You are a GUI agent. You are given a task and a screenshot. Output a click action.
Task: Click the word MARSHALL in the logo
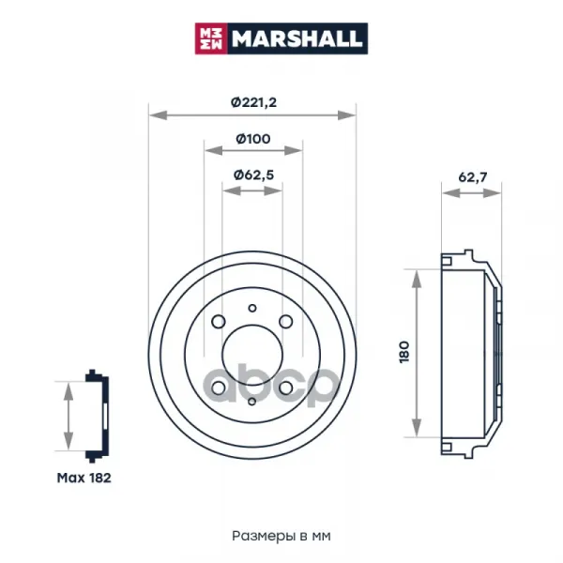pyautogui.click(x=297, y=38)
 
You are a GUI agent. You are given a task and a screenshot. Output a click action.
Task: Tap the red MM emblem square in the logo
pyautogui.click(x=211, y=38)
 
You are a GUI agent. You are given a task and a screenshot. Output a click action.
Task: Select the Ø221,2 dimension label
pyautogui.click(x=253, y=102)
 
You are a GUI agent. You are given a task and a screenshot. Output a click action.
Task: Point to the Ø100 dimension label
pyautogui.click(x=253, y=139)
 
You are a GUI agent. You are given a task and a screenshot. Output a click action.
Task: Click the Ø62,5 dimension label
pyautogui.click(x=253, y=175)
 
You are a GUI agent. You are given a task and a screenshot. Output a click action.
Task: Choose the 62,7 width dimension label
pyautogui.click(x=473, y=177)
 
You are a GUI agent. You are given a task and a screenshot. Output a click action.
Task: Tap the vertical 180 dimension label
pyautogui.click(x=404, y=352)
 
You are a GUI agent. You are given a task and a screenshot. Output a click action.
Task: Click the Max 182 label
pyautogui.click(x=84, y=478)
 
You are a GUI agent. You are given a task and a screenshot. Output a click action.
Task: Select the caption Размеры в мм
pyautogui.click(x=281, y=536)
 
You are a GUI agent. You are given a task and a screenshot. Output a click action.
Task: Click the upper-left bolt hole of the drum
pyautogui.click(x=219, y=322)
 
